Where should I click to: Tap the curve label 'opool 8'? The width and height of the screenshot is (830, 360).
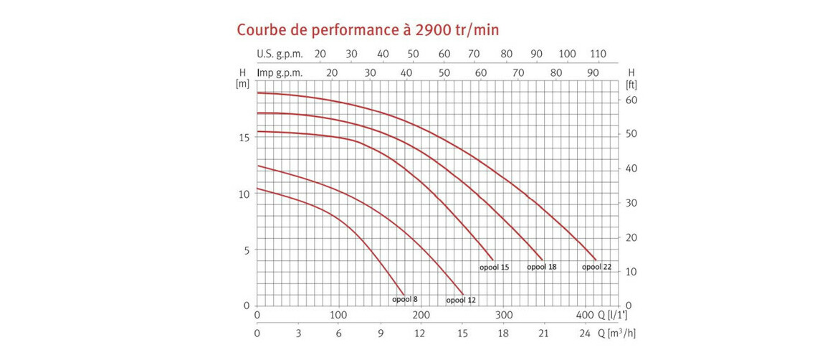click(x=405, y=299)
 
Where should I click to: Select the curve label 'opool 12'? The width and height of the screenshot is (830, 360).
click(x=460, y=300)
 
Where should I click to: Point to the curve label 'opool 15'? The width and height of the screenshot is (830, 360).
click(x=495, y=267)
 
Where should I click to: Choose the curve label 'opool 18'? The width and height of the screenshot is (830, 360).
click(x=542, y=267)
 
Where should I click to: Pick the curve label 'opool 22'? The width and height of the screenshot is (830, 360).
click(x=596, y=267)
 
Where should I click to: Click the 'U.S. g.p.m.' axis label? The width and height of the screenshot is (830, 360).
click(x=280, y=55)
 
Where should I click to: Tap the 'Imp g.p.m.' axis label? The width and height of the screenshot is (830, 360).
click(x=280, y=72)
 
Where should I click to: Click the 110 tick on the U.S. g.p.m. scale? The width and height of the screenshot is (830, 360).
click(x=598, y=55)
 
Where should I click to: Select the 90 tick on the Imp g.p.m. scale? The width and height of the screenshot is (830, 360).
click(x=593, y=72)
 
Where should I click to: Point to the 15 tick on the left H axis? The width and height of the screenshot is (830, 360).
click(x=244, y=138)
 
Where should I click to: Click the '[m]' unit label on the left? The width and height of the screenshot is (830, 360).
click(x=242, y=84)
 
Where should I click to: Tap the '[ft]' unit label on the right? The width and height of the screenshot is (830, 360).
click(x=631, y=84)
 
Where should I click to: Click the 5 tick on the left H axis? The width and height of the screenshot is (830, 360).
click(x=247, y=250)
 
